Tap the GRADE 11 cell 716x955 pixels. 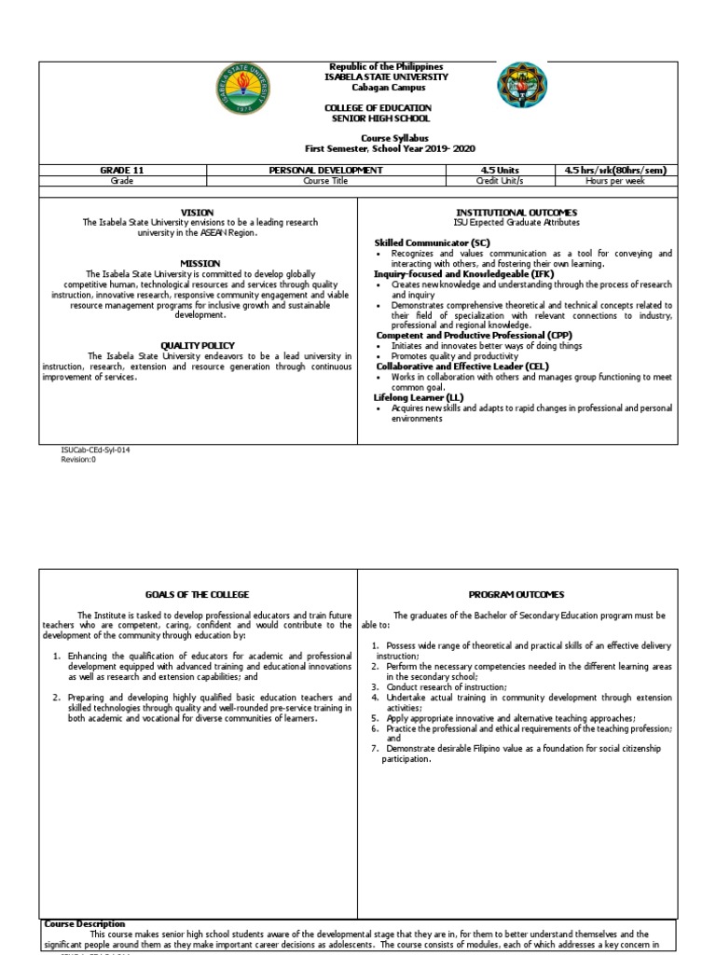pyautogui.click(x=122, y=170)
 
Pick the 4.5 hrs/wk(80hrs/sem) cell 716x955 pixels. pyautogui.click(x=615, y=170)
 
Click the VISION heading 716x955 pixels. pyautogui.click(x=197, y=213)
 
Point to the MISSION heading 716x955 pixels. pyautogui.click(x=200, y=264)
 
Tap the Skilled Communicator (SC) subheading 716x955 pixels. pyautogui.click(x=425, y=242)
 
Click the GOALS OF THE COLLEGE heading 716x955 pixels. pyautogui.click(x=197, y=594)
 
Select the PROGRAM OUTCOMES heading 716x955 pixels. pyautogui.click(x=517, y=594)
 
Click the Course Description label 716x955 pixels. pyautogui.click(x=85, y=923)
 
